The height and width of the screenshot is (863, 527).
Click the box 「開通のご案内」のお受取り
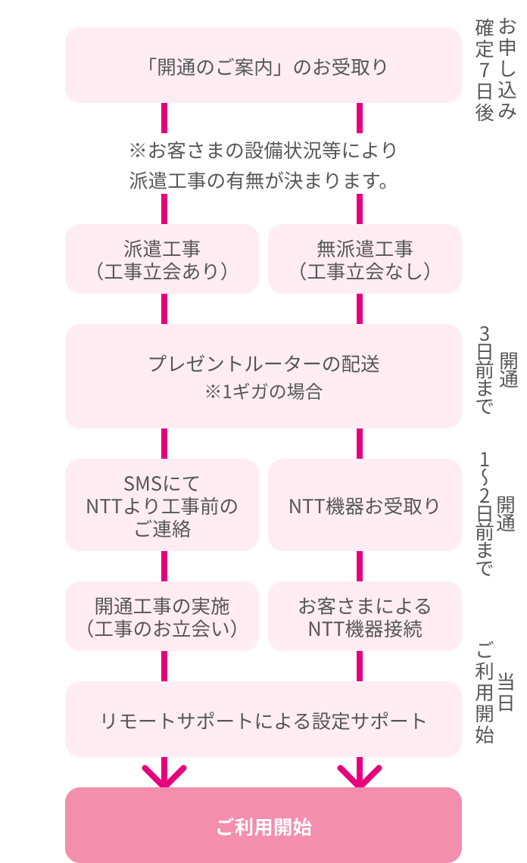tap(263, 66)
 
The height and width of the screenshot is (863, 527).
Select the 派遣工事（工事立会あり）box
tap(163, 259)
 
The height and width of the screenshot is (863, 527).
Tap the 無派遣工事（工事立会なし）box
tap(364, 259)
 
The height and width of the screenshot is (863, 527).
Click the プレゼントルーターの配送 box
tap(263, 364)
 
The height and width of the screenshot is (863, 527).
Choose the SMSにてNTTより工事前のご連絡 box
tap(163, 505)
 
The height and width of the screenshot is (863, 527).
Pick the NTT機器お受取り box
tap(364, 505)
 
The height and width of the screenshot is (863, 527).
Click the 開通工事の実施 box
tap(163, 616)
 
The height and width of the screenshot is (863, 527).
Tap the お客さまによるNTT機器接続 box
tap(364, 616)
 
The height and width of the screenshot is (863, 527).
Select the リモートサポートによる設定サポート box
tap(263, 720)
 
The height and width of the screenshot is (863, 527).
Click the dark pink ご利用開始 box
tap(263, 826)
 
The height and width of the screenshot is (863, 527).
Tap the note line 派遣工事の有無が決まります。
tap(263, 181)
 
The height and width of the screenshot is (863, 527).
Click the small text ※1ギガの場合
tap(263, 392)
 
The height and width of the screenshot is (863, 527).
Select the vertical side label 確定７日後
tap(485, 70)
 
